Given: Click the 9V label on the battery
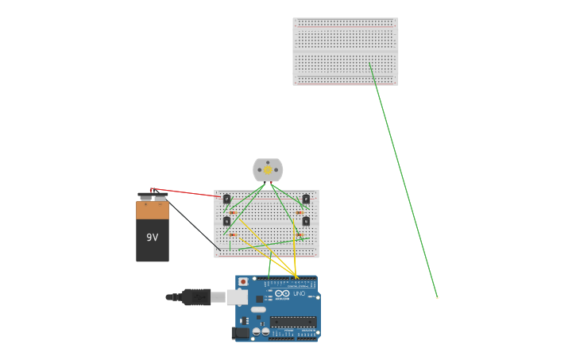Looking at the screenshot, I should [152, 237].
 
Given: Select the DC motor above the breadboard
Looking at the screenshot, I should [268, 169].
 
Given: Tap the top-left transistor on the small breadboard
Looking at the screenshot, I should [226, 199].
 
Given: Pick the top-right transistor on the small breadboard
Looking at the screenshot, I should [306, 199].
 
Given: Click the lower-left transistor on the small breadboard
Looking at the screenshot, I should [226, 222].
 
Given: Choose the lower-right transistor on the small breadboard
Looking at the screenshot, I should [306, 221].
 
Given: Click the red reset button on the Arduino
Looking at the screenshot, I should [243, 281].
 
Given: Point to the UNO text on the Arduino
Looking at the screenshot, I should [300, 294].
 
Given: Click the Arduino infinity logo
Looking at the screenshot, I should [282, 293].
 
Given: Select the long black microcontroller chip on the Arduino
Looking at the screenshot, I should [292, 322].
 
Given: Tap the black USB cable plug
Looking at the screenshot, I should [195, 297].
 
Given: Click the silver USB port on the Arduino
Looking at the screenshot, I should [237, 297].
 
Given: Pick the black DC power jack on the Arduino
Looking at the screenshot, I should [239, 333].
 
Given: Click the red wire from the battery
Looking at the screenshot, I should [187, 192].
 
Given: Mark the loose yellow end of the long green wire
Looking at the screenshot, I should [437, 297].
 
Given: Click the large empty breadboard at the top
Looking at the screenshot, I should [345, 51].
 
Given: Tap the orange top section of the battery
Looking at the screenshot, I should [153, 210].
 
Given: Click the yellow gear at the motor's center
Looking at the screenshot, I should [268, 169].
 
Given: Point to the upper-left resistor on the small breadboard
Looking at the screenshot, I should [232, 211].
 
